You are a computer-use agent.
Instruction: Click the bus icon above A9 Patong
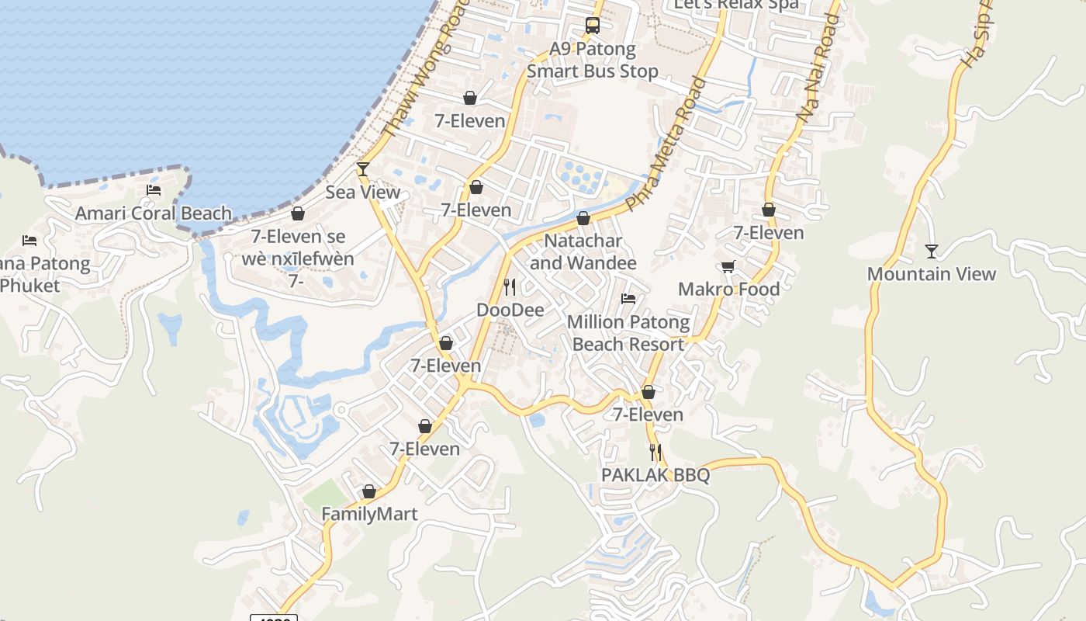[x=593, y=26]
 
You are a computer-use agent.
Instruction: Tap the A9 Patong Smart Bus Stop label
[x=593, y=61]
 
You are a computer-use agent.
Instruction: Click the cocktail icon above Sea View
[x=362, y=168]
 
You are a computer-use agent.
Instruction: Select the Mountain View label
[x=931, y=274]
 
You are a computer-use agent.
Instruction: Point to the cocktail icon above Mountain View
[x=931, y=251]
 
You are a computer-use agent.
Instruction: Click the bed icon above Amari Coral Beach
[x=154, y=190]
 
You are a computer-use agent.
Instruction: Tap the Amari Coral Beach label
[x=154, y=213]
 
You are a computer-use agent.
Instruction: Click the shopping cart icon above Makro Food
[x=728, y=266]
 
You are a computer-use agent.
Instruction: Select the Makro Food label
[x=728, y=290]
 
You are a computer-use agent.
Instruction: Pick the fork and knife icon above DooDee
[x=510, y=287]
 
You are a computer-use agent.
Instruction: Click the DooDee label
[x=510, y=310]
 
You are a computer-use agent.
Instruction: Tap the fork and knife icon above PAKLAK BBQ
[x=655, y=452]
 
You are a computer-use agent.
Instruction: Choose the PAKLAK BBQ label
[x=655, y=475]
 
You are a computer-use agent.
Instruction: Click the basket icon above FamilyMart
[x=369, y=491]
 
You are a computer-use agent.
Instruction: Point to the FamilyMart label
[x=369, y=515]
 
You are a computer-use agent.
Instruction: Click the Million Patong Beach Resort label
[x=628, y=333]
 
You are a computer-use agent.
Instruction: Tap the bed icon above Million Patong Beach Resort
[x=628, y=298]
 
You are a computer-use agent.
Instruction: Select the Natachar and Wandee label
[x=583, y=252]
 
